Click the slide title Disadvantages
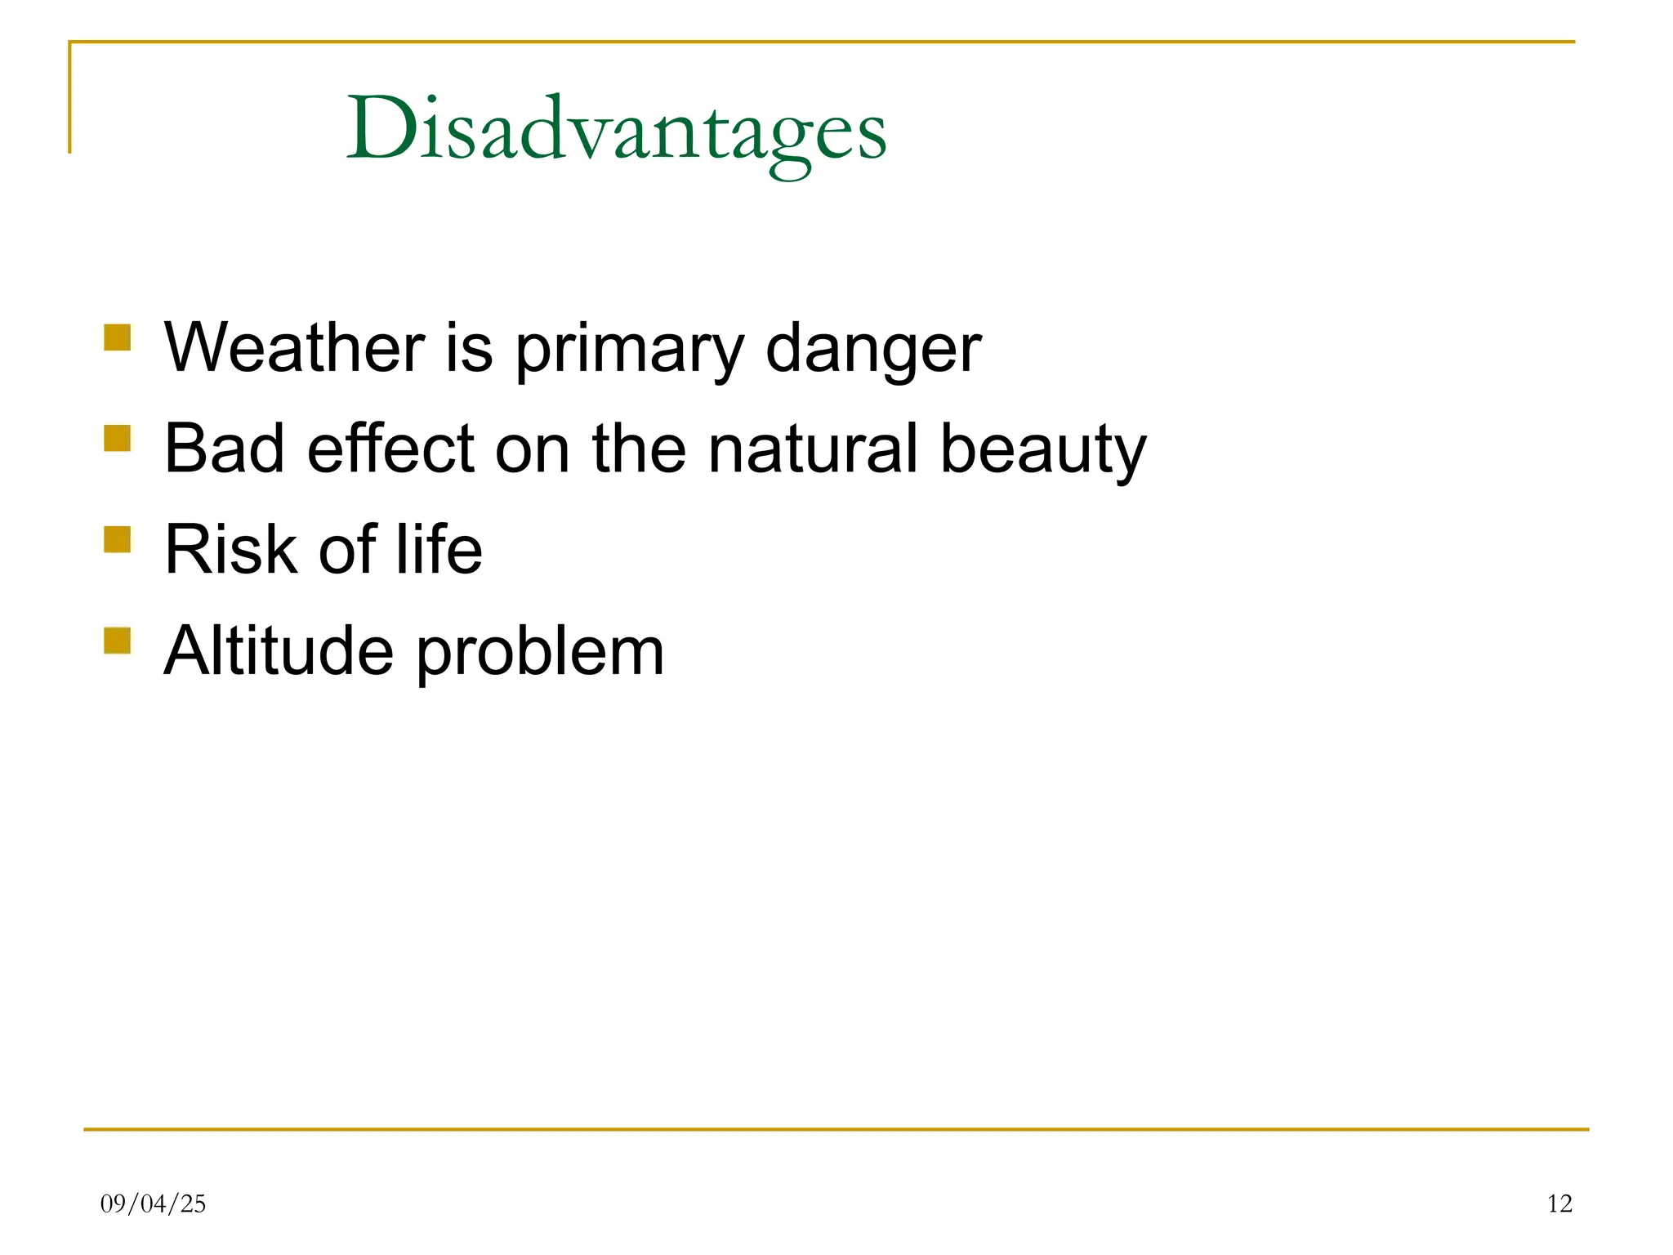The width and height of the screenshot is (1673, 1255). pos(617,131)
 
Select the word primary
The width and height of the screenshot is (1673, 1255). pos(629,350)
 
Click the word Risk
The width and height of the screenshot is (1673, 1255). pos(230,550)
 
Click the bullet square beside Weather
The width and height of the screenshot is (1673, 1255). pos(118,337)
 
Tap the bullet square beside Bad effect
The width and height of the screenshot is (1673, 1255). pos(118,438)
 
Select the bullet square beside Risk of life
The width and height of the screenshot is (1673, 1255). pos(118,539)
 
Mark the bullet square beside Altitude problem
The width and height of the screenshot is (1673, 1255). pos(118,641)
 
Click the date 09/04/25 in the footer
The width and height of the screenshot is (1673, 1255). pos(153,1204)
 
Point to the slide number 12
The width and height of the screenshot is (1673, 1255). pos(1559,1204)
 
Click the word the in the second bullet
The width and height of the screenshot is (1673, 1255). pos(639,449)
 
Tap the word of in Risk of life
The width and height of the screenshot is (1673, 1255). pos(347,550)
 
